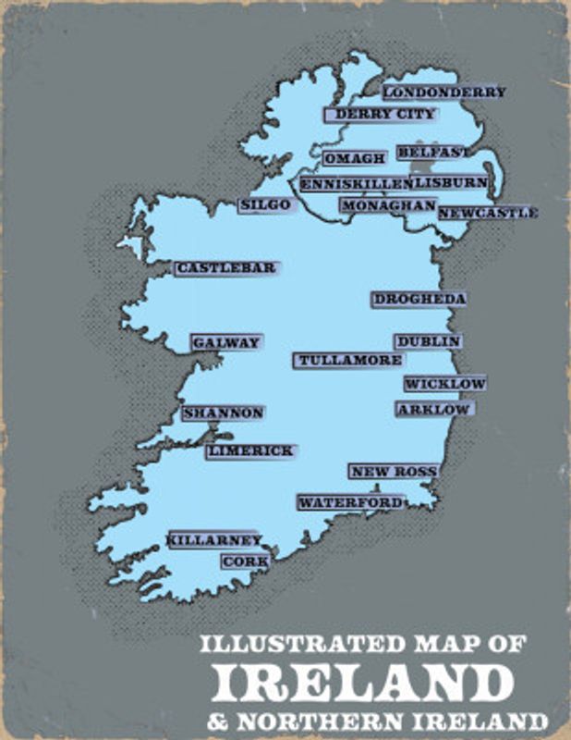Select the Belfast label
tap(431, 152)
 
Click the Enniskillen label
tap(354, 184)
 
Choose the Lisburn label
tap(449, 182)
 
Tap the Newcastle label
tap(486, 213)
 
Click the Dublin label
tap(428, 341)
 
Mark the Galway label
tap(226, 342)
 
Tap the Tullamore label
tap(350, 360)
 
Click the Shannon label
tap(224, 413)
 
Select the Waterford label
tap(350, 502)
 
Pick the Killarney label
tap(215, 539)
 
